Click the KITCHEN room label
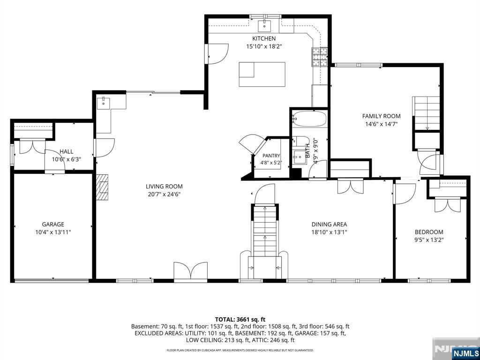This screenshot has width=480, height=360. click(x=263, y=38)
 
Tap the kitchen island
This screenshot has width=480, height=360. click(x=262, y=75)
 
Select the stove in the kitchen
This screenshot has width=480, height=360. click(x=320, y=57)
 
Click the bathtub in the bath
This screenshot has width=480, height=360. click(x=309, y=119)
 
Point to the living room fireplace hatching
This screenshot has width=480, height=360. click(x=102, y=187)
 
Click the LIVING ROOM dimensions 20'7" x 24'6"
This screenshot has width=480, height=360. click(x=164, y=194)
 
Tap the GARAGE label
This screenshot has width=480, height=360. click(x=53, y=225)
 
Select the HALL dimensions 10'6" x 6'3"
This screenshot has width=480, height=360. click(x=67, y=159)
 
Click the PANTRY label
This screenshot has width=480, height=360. click(x=271, y=156)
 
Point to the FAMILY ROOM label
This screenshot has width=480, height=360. click(x=381, y=116)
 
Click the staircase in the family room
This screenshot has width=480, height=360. click(x=426, y=113)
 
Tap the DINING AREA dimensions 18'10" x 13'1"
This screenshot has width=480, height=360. click(x=329, y=232)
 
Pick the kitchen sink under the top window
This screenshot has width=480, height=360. click(x=263, y=26)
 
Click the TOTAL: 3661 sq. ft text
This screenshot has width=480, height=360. click(x=240, y=320)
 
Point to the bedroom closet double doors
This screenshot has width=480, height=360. click(x=448, y=204)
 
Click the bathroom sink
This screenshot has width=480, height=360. click(x=299, y=157)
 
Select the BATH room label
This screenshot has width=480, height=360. click(x=307, y=150)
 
